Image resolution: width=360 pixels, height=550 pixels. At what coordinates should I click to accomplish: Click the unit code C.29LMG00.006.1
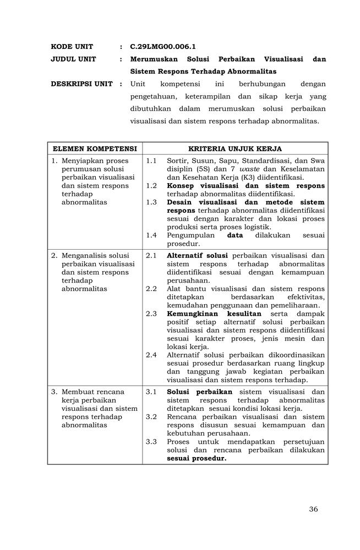pos(163,46)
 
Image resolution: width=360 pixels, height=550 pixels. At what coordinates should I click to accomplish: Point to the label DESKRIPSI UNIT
pos(81,84)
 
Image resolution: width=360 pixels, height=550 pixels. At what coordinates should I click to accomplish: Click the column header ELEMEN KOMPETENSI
pos(95,149)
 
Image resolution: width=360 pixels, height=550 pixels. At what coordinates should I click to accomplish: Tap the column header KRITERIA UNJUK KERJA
pos(235,149)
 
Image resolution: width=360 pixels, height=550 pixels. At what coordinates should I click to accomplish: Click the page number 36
pos(313,509)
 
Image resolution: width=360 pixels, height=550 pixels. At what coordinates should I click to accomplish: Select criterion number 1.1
pos(151,161)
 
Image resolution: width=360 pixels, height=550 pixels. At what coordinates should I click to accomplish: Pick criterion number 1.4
pos(151,235)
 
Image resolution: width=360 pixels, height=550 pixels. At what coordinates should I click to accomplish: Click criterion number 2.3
pos(151,313)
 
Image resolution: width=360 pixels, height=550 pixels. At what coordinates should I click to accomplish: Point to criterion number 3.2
pos(151,417)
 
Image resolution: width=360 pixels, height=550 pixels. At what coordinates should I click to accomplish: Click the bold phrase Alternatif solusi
pos(198,256)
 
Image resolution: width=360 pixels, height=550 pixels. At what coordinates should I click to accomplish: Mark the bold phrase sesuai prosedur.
pos(197,458)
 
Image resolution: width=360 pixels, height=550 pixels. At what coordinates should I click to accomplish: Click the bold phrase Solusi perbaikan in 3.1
pos(199,392)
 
